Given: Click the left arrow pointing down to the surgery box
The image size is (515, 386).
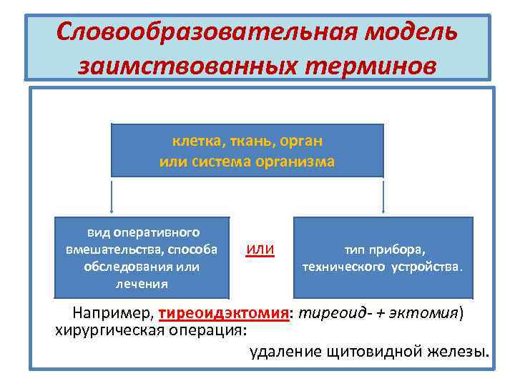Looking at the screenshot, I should coord(112,197).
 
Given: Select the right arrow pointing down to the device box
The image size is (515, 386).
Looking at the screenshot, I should coord(383,197).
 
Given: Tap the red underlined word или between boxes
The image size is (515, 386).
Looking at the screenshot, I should coord(260,249).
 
